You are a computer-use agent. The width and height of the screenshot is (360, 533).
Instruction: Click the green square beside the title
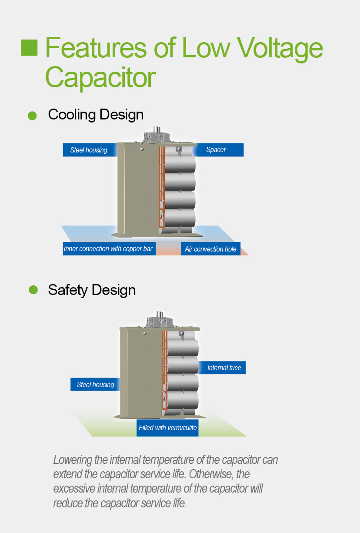click(30, 48)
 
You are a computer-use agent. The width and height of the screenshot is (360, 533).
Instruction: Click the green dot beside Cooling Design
click(32, 116)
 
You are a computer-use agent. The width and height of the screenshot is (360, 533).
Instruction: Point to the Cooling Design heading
click(96, 115)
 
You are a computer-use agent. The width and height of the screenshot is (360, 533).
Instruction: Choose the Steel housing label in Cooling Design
click(89, 150)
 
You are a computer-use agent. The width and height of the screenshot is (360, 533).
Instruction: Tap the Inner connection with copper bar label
click(109, 249)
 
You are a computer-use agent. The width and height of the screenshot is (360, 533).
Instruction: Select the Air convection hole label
click(211, 249)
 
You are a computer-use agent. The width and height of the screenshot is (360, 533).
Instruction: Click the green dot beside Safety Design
click(33, 290)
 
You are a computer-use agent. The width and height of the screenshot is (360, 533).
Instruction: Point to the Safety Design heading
click(92, 290)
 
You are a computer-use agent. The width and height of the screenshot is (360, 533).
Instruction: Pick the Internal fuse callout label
click(224, 367)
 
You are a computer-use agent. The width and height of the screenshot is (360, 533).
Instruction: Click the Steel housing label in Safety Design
click(95, 384)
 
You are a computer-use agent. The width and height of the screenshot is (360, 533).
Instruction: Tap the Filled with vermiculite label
click(167, 427)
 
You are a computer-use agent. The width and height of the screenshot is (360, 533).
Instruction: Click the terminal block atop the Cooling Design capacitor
click(156, 136)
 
